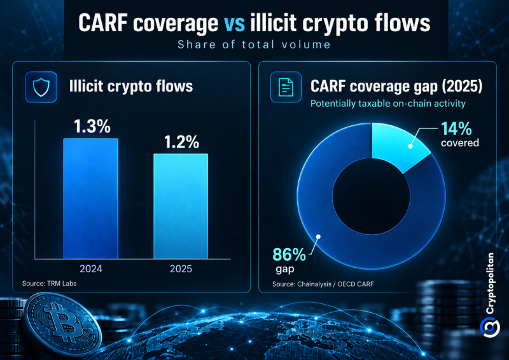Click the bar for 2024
pos(90,198)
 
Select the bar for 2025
pos(181,206)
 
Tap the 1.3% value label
pos(92,127)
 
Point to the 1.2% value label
pos(181,142)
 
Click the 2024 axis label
pos(91,269)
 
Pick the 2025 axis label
pos(181,269)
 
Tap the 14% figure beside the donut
pos(456,129)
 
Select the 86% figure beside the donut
pos(289,254)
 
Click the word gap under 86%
pos(285,269)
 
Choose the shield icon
pos(41,87)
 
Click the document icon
pos(286,87)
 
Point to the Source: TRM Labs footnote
pos(50,284)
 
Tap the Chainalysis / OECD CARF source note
pos(323,284)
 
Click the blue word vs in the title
pos(234,24)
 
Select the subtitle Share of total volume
pos(254,45)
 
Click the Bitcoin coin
pos(63,324)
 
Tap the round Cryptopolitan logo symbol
pos(489,327)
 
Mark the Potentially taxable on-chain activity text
pos(388,104)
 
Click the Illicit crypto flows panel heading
pos(131,87)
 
